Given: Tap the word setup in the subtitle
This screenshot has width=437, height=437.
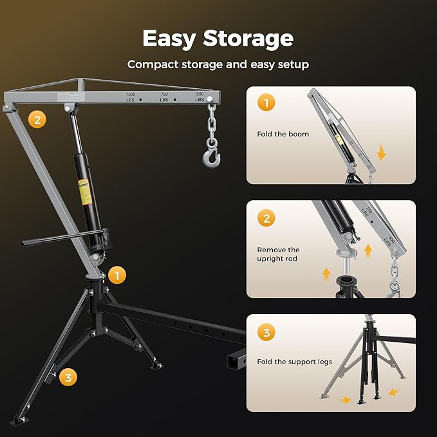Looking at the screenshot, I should point(293,64).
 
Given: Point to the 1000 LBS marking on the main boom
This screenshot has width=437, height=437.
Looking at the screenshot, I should point(131,97).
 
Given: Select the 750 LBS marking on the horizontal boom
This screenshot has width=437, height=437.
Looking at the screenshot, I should point(164,97).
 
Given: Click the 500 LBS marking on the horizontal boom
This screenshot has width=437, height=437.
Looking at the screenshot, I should point(200,97).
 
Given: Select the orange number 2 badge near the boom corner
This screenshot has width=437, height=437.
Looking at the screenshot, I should point(37,119).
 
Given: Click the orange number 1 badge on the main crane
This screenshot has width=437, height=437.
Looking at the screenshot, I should point(116,275).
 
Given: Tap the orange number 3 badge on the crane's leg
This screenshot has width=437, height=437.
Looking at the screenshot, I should point(68,377).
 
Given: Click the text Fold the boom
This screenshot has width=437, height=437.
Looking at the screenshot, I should point(283,134).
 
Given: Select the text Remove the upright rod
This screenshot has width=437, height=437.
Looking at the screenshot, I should point(278,254).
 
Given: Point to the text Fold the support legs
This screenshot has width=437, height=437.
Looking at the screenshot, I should point(295,362).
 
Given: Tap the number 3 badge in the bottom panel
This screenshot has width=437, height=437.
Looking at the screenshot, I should point(266,333).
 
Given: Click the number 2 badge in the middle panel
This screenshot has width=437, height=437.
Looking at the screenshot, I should point(266,218).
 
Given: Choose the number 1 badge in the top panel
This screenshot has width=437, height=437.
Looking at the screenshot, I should point(266,103).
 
